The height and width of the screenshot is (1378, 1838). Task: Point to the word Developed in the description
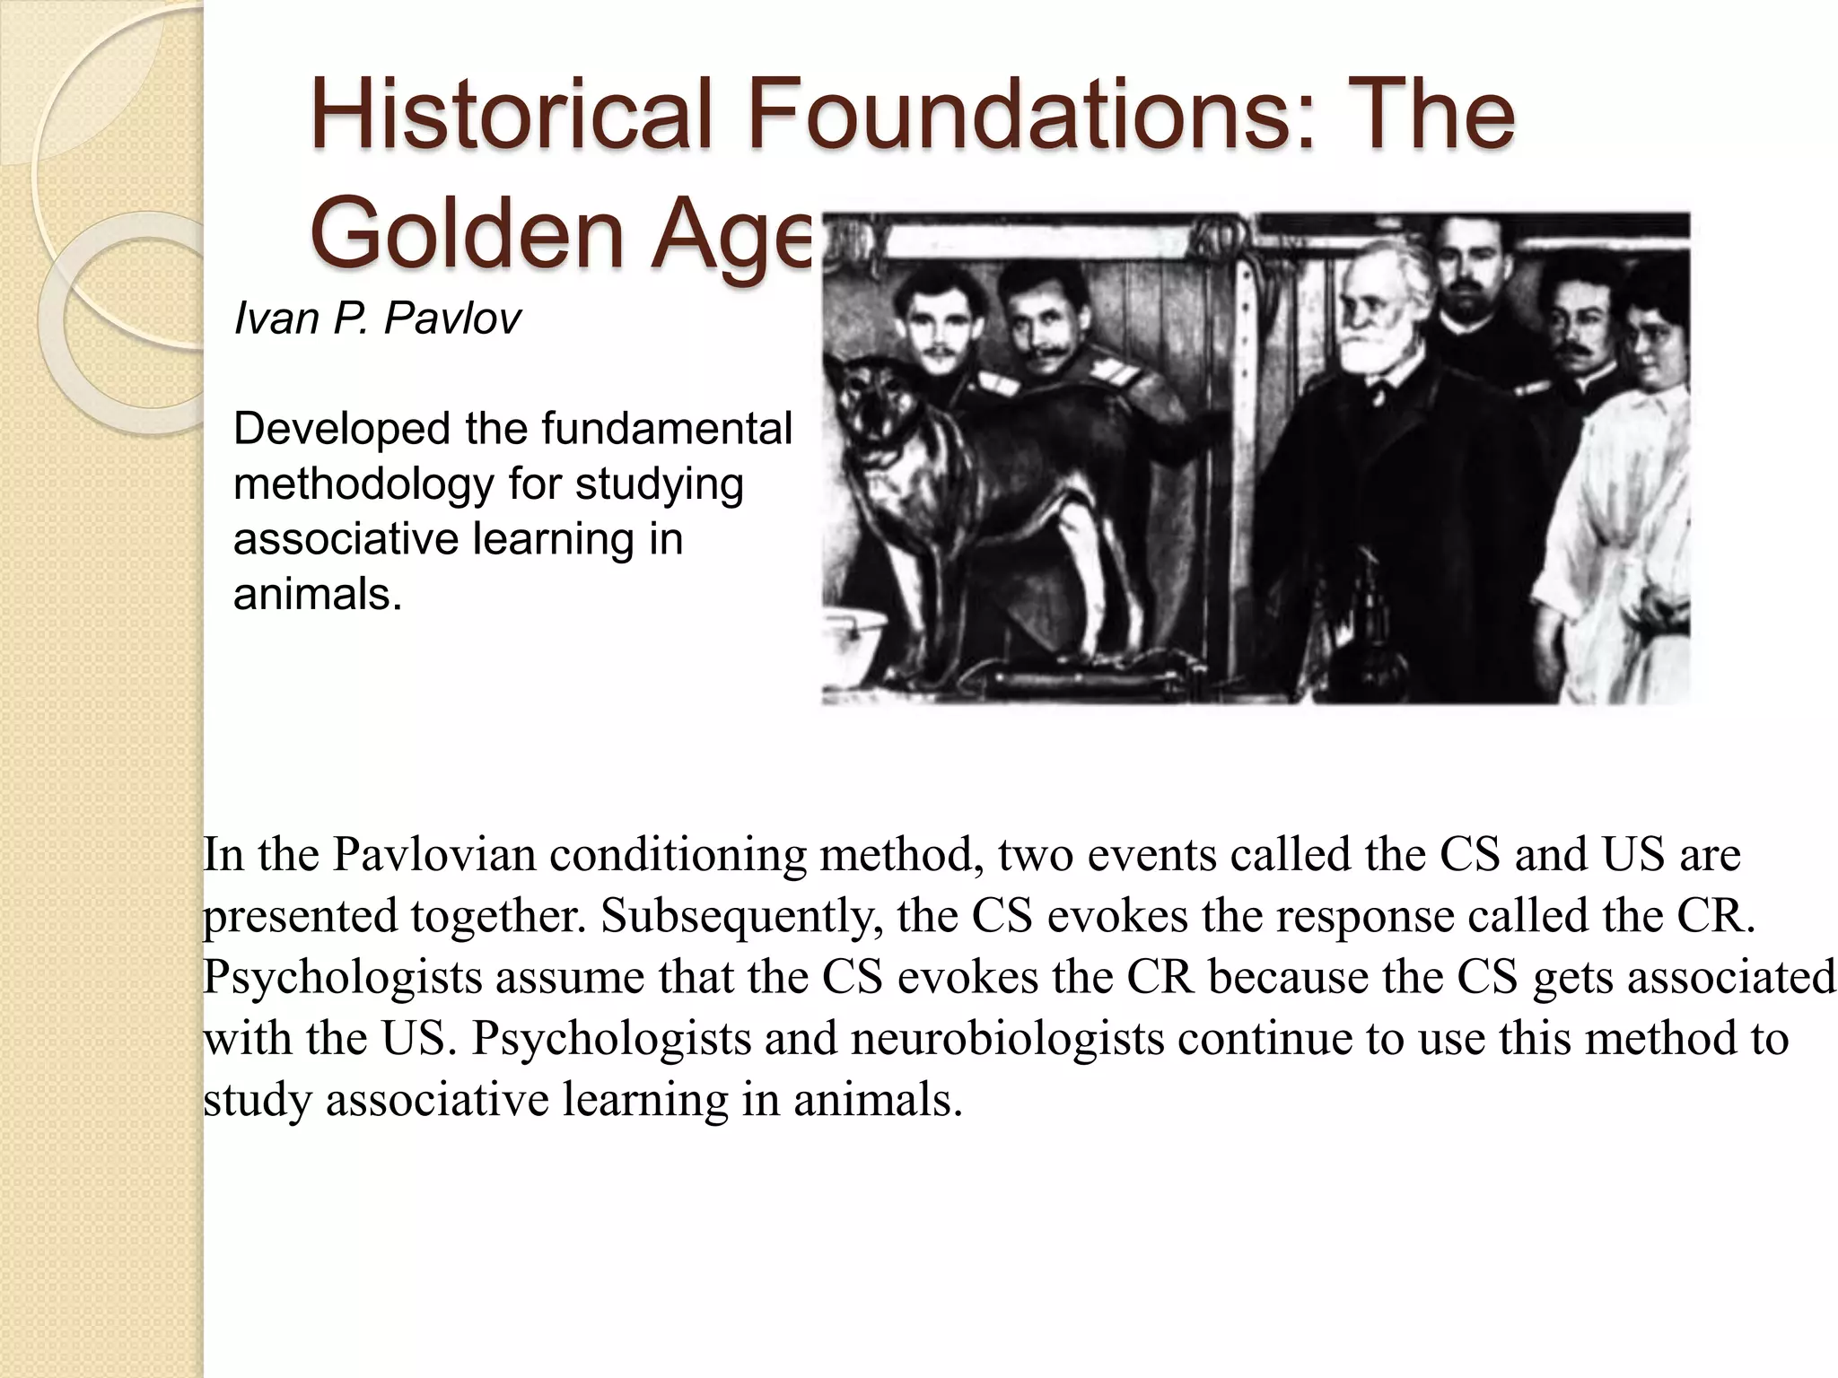tap(341, 429)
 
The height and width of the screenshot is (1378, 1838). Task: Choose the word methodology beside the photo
tap(363, 484)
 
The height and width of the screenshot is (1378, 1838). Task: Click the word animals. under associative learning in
tap(318, 594)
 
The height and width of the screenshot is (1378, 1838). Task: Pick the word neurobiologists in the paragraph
tap(1007, 1038)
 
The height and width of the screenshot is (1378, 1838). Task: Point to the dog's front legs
tap(906, 583)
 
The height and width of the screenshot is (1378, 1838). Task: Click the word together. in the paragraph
tap(498, 915)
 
